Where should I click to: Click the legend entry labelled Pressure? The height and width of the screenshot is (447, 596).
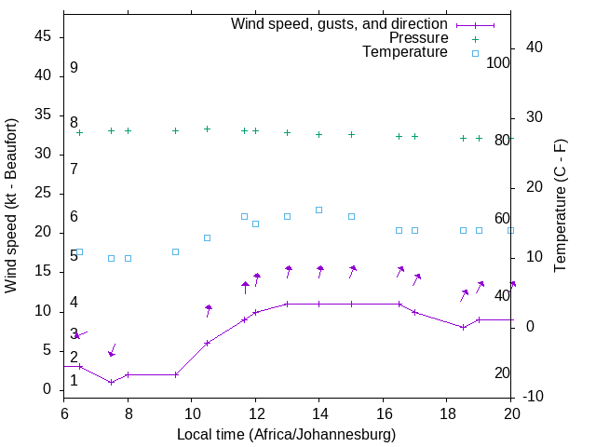coord(418,38)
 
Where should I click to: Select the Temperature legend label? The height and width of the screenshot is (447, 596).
coord(405,52)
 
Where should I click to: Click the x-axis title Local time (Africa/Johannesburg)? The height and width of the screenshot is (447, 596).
coord(286,435)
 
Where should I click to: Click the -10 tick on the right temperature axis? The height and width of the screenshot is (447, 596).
coord(535,397)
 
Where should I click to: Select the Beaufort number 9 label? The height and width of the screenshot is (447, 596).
coord(74,68)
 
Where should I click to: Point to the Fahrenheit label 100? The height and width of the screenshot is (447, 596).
coord(498,63)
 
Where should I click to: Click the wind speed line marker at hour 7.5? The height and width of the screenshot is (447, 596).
coord(112,382)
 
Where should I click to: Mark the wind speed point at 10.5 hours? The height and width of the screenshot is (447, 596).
coord(208,343)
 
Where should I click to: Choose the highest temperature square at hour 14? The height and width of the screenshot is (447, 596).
coord(318,210)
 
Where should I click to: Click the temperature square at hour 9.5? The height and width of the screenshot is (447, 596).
coord(175,251)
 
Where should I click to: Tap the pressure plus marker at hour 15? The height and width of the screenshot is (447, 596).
coord(351,134)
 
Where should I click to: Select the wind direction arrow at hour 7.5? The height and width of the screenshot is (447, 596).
coord(113,350)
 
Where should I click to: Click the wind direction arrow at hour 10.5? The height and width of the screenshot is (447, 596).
coord(209,310)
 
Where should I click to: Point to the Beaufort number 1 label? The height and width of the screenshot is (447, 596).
coord(74,381)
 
